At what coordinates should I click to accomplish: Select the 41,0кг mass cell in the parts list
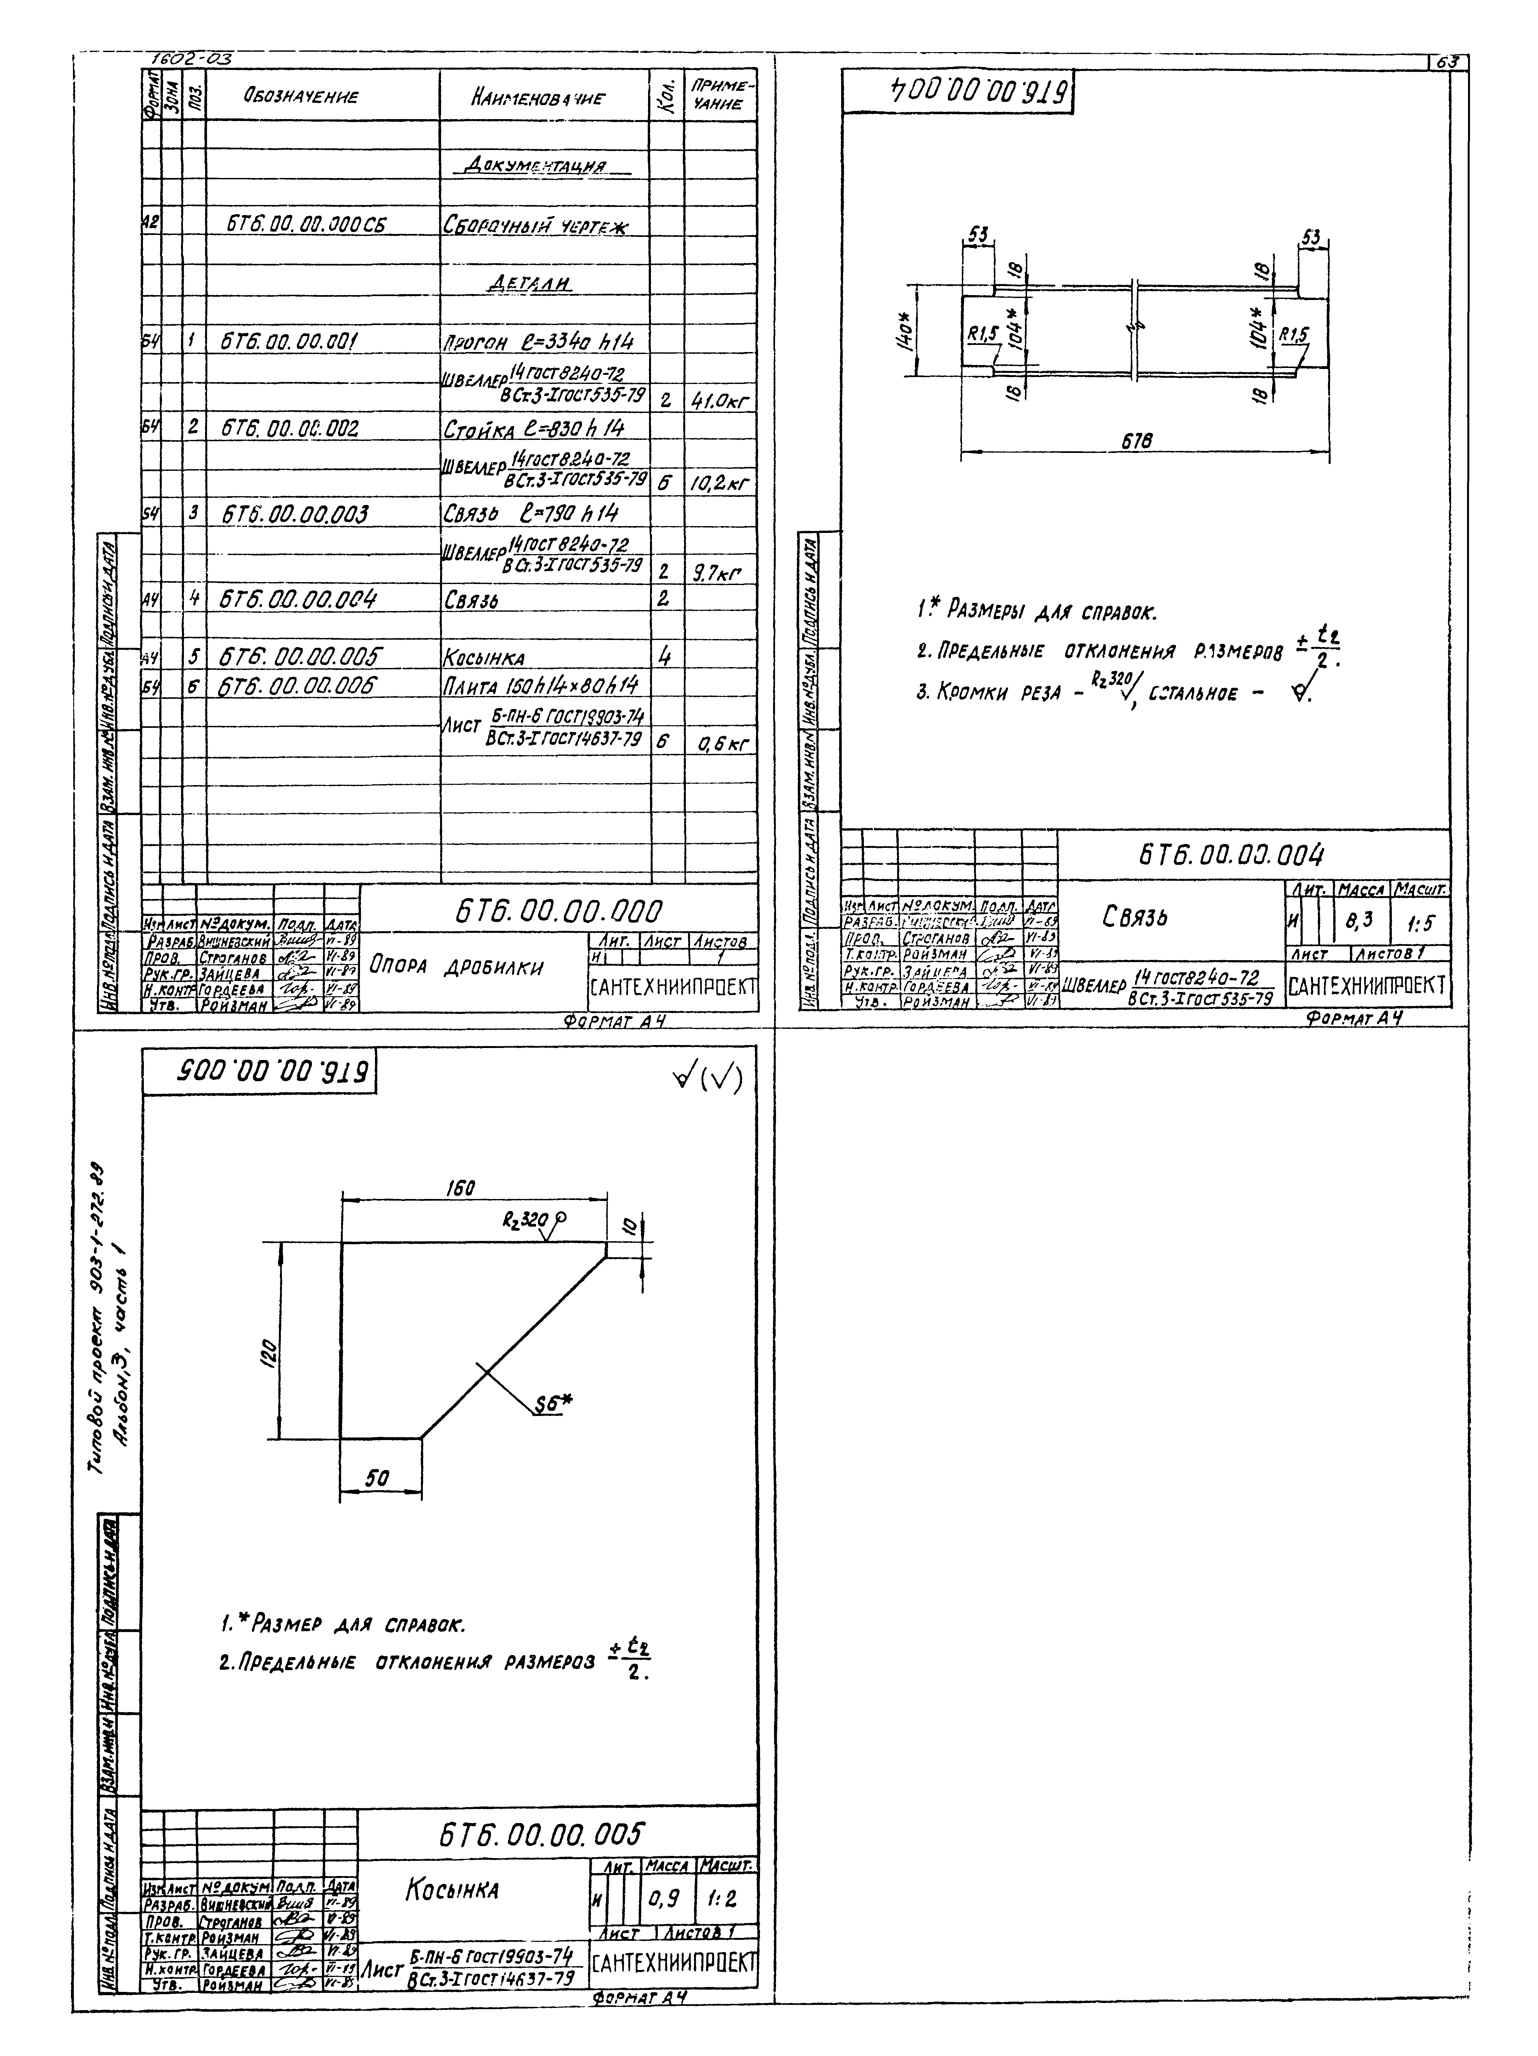coord(720,401)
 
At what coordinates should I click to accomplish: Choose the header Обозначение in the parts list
coord(300,96)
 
